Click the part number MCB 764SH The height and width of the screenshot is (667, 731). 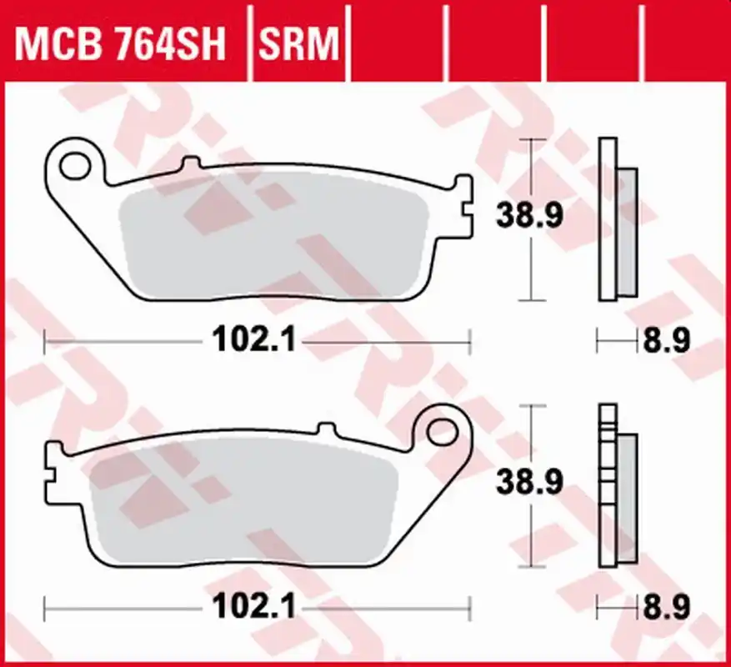tap(120, 44)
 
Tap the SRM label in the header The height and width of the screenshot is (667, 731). tap(299, 44)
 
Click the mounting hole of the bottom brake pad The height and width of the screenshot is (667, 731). tap(442, 431)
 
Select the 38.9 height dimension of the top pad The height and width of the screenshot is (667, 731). tap(529, 215)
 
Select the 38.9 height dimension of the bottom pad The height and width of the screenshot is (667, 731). tap(529, 482)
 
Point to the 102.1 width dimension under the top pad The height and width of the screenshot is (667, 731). tap(254, 339)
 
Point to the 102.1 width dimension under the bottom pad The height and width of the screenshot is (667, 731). tap(254, 606)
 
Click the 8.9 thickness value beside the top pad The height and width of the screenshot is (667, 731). tap(667, 340)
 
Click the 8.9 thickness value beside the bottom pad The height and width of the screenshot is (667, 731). tap(667, 607)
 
